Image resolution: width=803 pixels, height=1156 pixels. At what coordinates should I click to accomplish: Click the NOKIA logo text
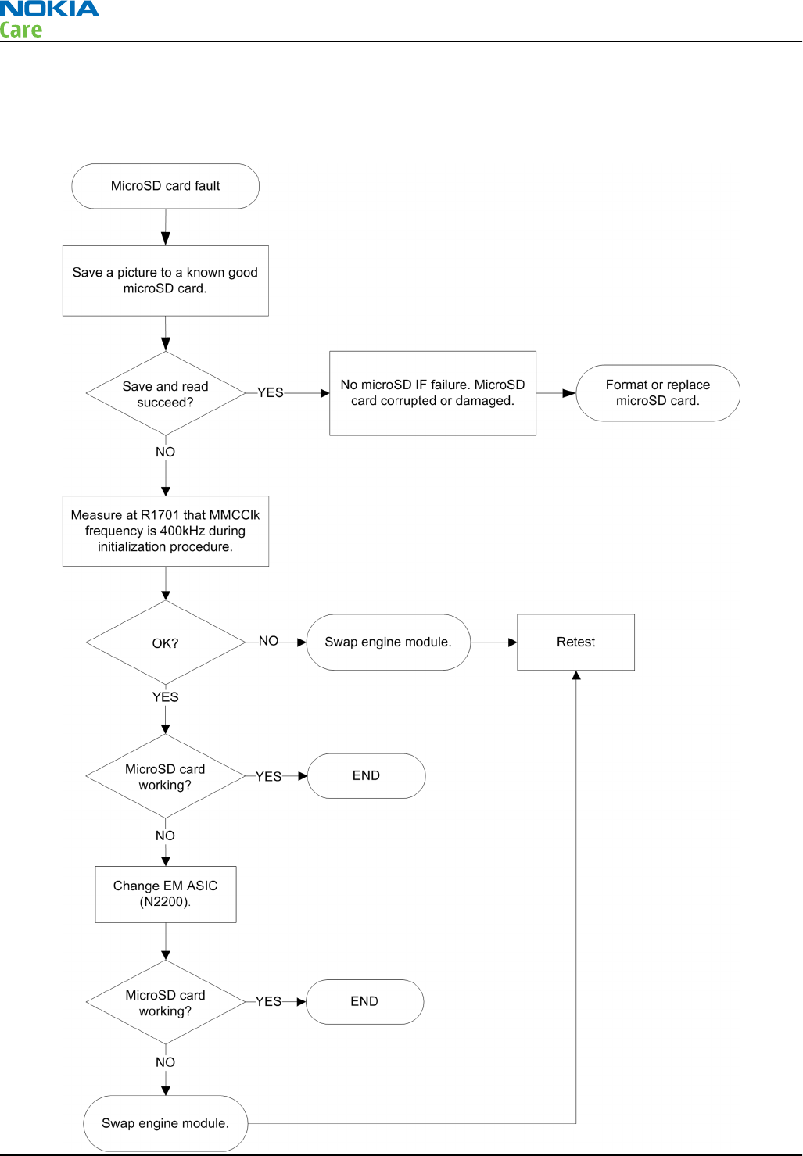(49, 9)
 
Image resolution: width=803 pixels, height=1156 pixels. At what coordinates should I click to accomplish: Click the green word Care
(20, 30)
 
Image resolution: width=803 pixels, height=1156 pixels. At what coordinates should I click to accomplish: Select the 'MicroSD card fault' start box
(165, 186)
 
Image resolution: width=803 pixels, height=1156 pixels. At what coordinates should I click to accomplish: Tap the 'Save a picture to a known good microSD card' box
(165, 281)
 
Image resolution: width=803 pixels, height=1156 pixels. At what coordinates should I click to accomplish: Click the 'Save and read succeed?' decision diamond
(165, 393)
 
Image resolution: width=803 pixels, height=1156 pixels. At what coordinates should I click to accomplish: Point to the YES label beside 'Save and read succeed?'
(271, 392)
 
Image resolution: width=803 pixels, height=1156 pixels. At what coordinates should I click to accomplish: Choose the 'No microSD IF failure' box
(432, 393)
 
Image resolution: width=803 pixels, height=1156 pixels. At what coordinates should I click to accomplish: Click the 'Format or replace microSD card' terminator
(658, 392)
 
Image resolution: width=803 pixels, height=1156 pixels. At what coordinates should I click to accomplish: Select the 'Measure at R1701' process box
(165, 531)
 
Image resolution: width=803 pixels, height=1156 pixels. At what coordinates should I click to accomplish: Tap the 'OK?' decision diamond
(165, 642)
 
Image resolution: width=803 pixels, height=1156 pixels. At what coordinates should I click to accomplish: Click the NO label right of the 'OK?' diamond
(268, 641)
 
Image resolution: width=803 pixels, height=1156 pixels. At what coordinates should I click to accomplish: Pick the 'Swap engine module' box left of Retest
(389, 642)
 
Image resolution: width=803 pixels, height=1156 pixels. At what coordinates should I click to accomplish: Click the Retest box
(575, 642)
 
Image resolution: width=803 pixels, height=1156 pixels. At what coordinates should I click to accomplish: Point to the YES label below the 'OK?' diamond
(165, 697)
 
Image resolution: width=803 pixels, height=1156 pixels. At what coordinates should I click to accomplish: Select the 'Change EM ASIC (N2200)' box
(166, 894)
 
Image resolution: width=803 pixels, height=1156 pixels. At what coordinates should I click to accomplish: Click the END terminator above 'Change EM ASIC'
(366, 775)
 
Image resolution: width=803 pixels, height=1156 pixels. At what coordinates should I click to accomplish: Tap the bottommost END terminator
(364, 1002)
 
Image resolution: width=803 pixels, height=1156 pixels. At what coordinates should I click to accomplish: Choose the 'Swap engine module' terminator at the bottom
(165, 1123)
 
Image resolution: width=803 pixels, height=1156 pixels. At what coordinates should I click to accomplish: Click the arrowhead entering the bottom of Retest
(576, 675)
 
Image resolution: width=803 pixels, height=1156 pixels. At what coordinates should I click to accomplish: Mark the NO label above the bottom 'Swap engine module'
(165, 1062)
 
